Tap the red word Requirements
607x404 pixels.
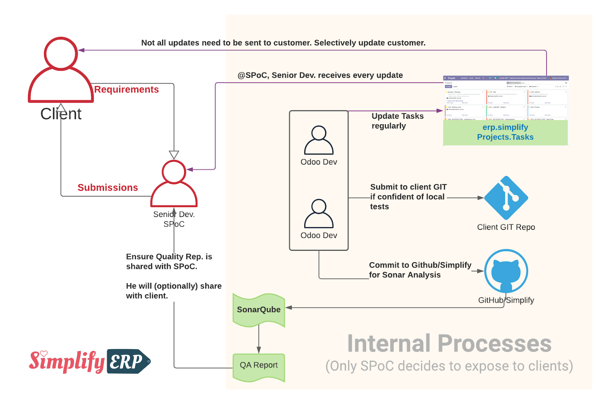click(126, 89)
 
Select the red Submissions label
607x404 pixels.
click(108, 187)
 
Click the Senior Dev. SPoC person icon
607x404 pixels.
click(174, 184)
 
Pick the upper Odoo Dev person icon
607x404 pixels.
click(319, 140)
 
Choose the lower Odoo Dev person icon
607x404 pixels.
click(319, 214)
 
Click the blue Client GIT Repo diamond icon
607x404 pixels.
click(506, 198)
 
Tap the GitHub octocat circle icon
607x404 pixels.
click(506, 271)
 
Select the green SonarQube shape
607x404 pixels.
click(259, 310)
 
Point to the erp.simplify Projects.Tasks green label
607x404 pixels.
click(505, 132)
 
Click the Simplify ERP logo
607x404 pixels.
click(90, 361)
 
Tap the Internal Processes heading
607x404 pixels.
click(449, 344)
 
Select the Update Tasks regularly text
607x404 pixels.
click(397, 121)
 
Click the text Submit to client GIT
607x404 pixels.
click(408, 187)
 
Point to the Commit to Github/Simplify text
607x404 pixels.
click(420, 265)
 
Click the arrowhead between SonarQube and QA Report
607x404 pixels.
click(259, 350)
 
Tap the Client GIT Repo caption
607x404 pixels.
click(506, 227)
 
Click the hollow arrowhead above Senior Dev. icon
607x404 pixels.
click(174, 155)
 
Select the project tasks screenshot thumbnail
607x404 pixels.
click(506, 98)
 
